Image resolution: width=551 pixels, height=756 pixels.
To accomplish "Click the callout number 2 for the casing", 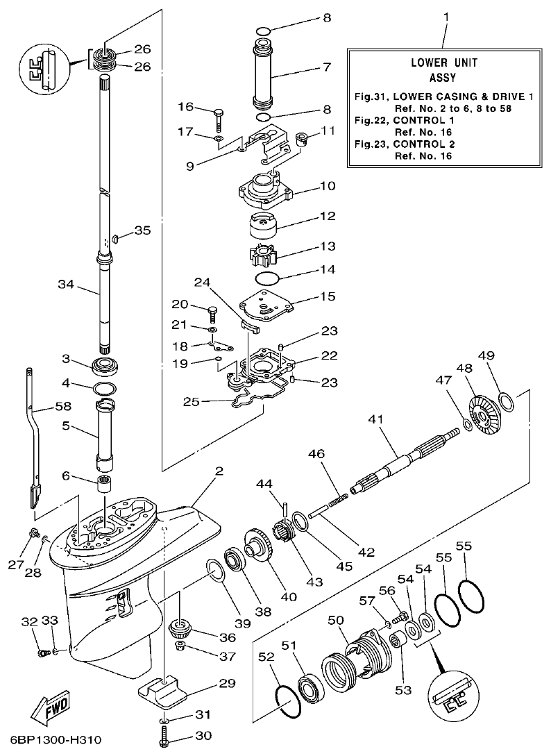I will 219,471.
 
